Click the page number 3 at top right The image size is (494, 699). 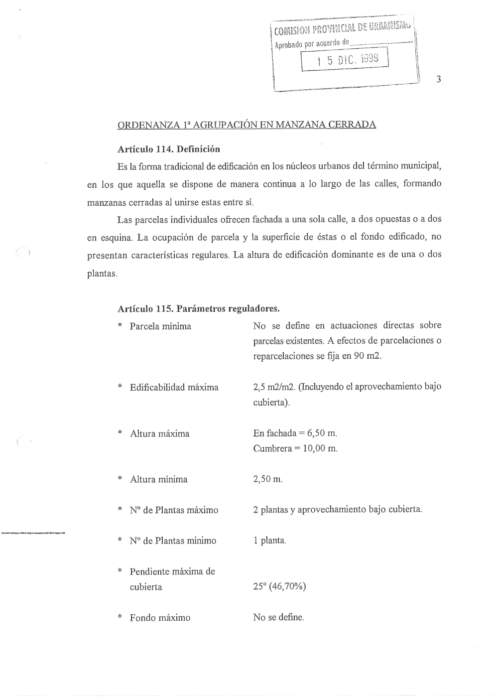pyautogui.click(x=438, y=79)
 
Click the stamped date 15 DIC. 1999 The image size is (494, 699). pyautogui.click(x=347, y=61)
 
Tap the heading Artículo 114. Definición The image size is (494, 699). pyautogui.click(x=168, y=149)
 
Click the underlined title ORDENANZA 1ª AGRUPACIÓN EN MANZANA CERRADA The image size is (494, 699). pyautogui.click(x=247, y=124)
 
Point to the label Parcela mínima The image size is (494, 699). pyautogui.click(x=160, y=326)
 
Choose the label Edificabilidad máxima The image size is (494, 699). pyautogui.click(x=174, y=387)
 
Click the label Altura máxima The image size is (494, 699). pyautogui.click(x=159, y=433)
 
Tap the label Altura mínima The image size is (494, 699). pyautogui.click(x=158, y=479)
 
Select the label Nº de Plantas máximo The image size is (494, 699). pyautogui.click(x=174, y=510)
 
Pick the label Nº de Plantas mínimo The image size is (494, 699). pyautogui.click(x=173, y=541)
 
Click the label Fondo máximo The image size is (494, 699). pyautogui.click(x=160, y=618)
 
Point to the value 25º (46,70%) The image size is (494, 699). pyautogui.click(x=279, y=586)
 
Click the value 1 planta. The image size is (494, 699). pyautogui.click(x=269, y=541)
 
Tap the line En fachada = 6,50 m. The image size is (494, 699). pyautogui.click(x=295, y=433)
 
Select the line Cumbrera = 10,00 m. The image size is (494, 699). pyautogui.click(x=295, y=448)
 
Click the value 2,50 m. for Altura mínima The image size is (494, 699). pyautogui.click(x=267, y=479)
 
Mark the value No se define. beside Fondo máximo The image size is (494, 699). pyautogui.click(x=278, y=617)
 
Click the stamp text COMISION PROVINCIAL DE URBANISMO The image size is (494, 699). pyautogui.click(x=344, y=28)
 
